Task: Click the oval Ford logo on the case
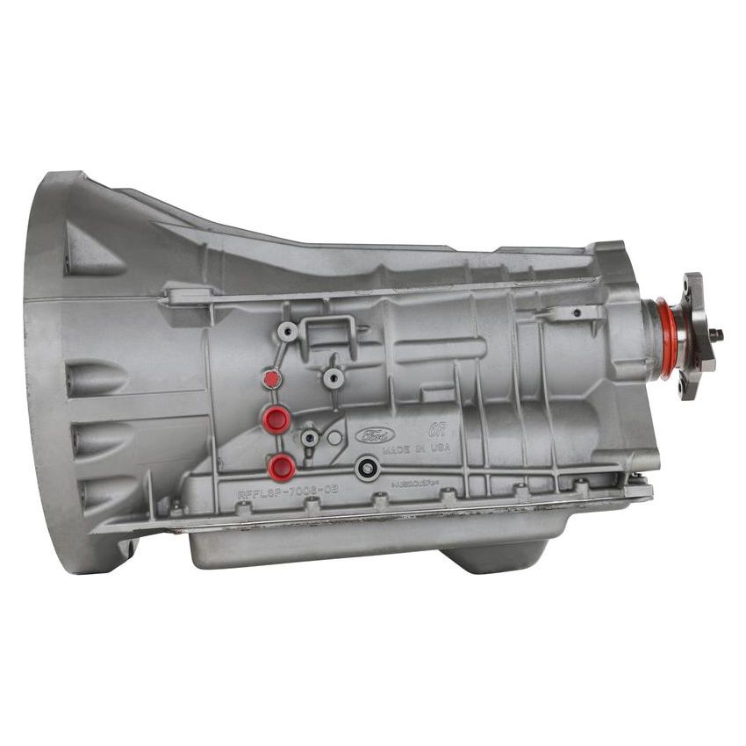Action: coord(375,436)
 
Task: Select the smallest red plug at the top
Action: coord(272,379)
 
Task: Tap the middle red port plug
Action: coord(276,420)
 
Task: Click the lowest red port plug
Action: coord(282,467)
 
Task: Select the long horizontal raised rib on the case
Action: coord(439,349)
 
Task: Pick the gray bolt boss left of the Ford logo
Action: coord(309,436)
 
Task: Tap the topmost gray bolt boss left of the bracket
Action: coord(287,332)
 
